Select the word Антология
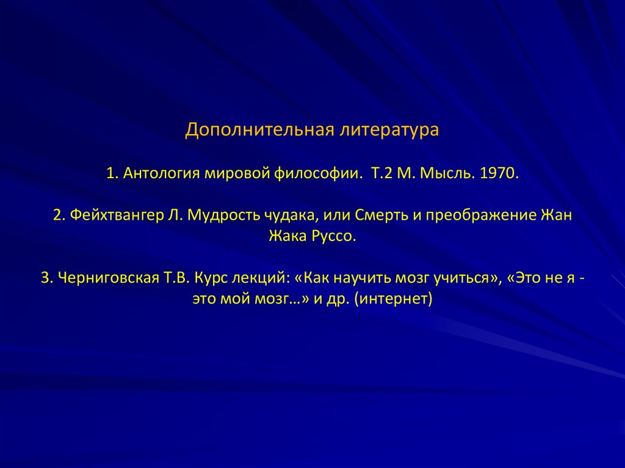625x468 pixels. (162, 173)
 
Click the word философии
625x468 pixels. (314, 173)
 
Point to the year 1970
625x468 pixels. (499, 173)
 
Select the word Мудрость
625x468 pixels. (223, 216)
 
